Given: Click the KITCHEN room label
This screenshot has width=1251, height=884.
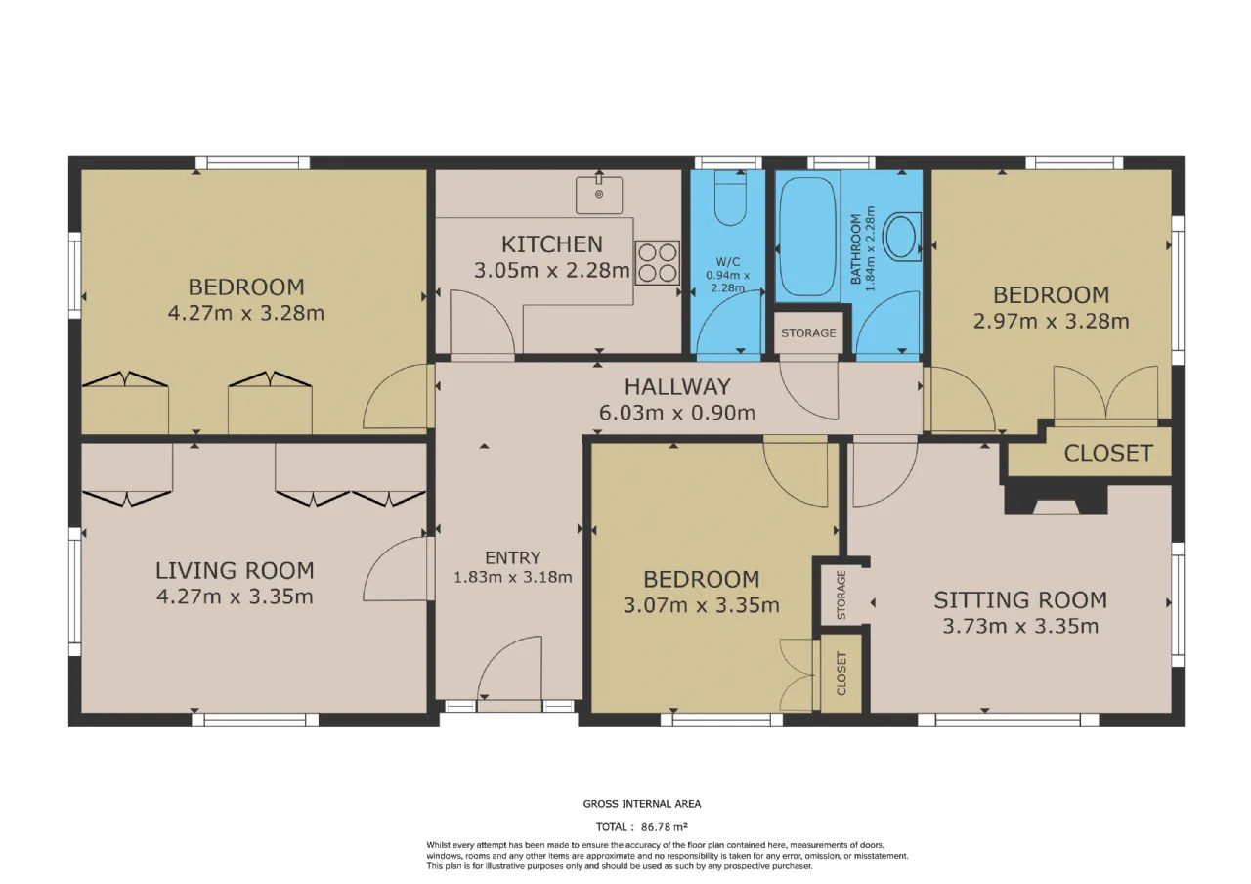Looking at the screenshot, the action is pyautogui.click(x=552, y=244).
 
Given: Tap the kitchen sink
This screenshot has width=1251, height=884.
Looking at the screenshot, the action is pyautogui.click(x=599, y=195).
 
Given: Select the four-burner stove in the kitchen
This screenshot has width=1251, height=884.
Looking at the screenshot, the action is pyautogui.click(x=658, y=263).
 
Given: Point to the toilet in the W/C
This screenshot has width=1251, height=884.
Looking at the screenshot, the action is pyautogui.click(x=730, y=198).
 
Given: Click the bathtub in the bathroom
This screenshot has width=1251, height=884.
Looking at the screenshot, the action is pyautogui.click(x=807, y=237).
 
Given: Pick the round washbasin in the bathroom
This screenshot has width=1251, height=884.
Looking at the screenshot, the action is pyautogui.click(x=902, y=236).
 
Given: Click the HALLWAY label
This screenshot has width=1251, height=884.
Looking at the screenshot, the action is pyautogui.click(x=677, y=386).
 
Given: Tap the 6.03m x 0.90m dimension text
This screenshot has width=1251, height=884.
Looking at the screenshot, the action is pyautogui.click(x=677, y=413).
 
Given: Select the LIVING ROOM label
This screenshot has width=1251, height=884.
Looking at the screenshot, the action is pyautogui.click(x=235, y=570).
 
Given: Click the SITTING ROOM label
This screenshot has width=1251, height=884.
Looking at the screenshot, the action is pyautogui.click(x=1020, y=600).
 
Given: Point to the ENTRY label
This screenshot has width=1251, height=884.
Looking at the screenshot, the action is pyautogui.click(x=513, y=557).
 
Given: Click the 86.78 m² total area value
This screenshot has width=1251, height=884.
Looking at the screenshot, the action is pyautogui.click(x=664, y=826).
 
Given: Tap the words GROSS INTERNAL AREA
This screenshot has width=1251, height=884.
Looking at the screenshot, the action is pyautogui.click(x=642, y=804).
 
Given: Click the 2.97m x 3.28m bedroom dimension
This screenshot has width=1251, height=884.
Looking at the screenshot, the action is pyautogui.click(x=1051, y=322).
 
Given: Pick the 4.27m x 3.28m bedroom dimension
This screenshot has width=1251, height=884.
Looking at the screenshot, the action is pyautogui.click(x=245, y=313).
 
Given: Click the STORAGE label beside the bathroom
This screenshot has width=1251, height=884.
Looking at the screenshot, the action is pyautogui.click(x=808, y=333).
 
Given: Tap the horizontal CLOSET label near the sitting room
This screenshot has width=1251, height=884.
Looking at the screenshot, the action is pyautogui.click(x=1108, y=453).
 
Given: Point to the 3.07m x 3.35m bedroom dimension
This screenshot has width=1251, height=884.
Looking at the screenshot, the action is pyautogui.click(x=702, y=605).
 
